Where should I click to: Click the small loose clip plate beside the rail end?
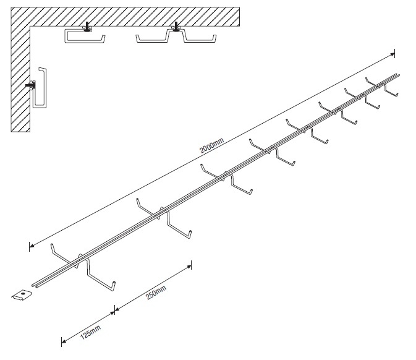[x=23, y=295]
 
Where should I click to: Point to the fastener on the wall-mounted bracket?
[x=30, y=88]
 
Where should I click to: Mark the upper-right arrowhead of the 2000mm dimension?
[x=393, y=55]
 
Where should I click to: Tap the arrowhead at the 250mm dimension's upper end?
[x=188, y=265]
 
